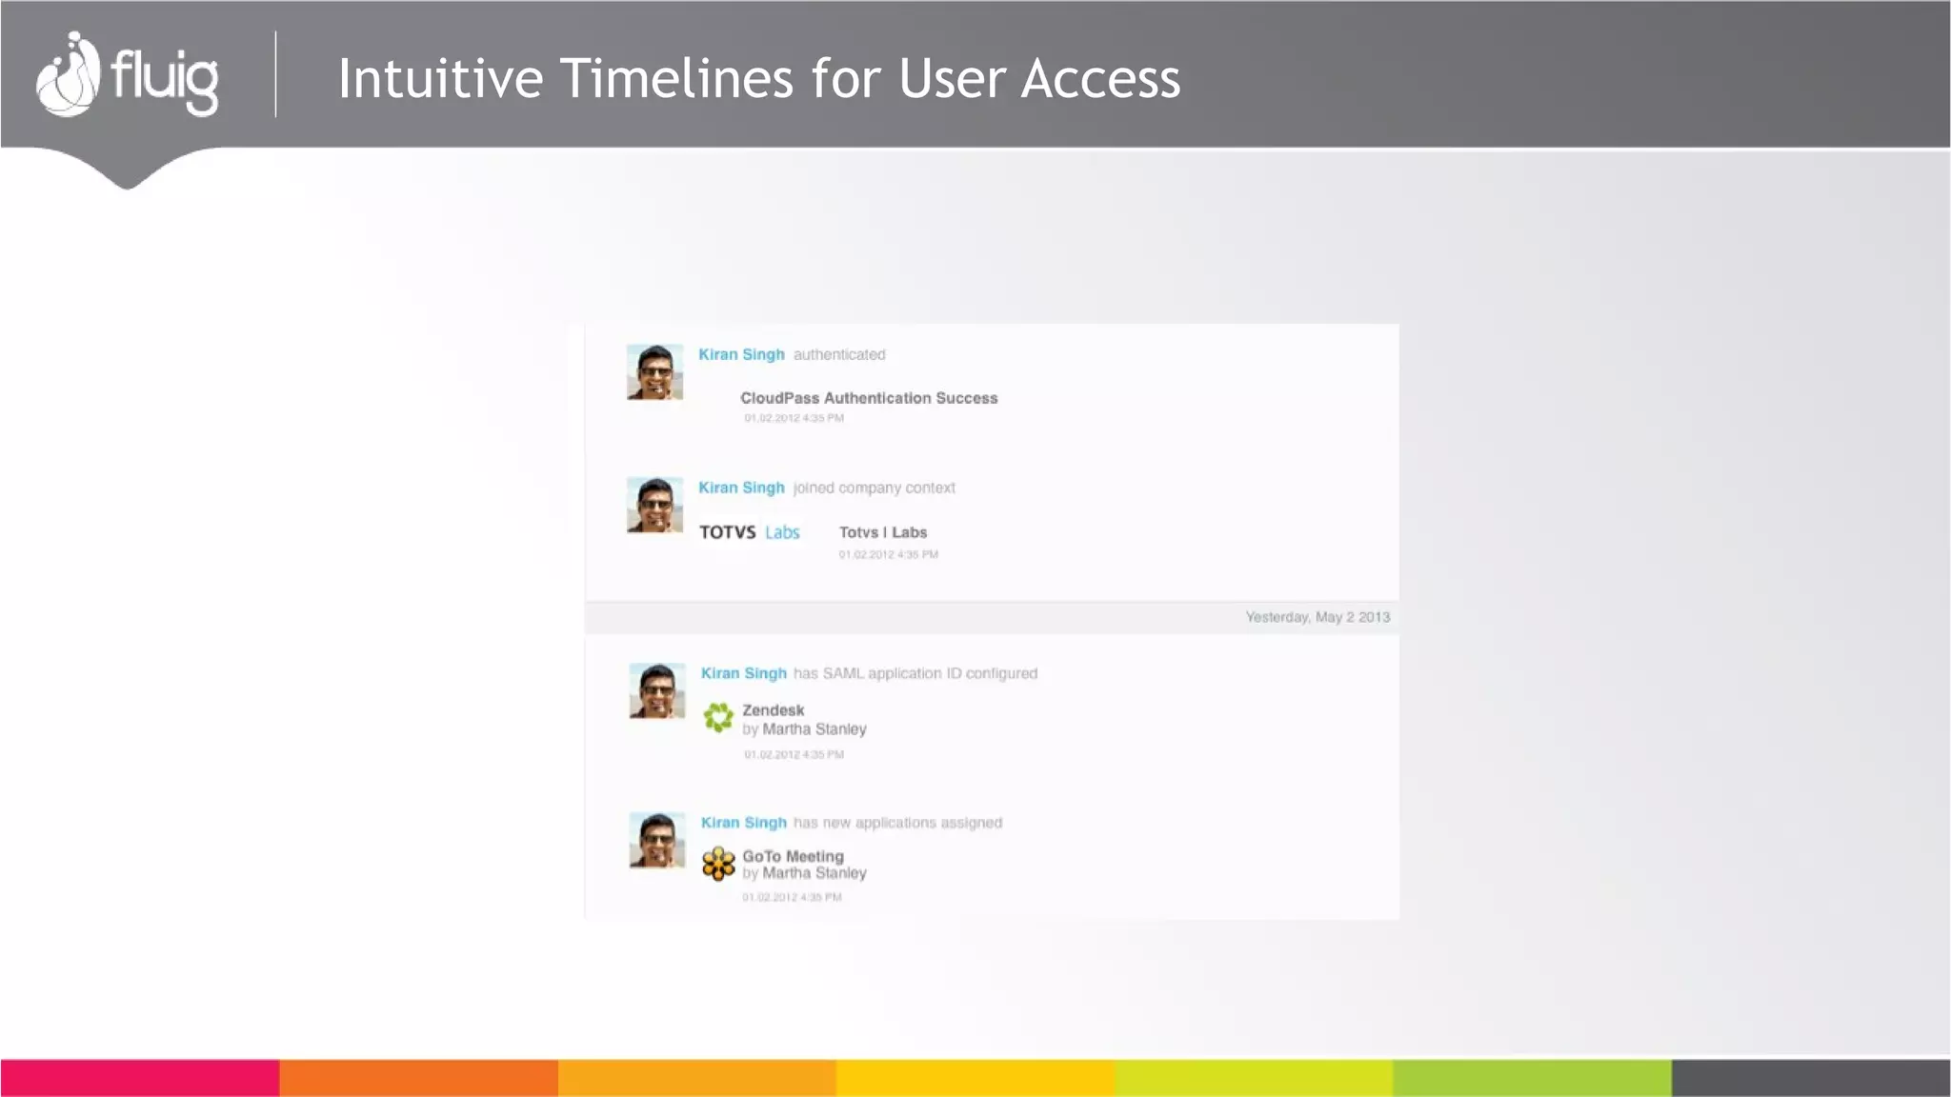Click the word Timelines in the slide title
[x=676, y=78]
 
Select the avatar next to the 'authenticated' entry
[x=654, y=371]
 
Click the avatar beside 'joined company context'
[x=654, y=505]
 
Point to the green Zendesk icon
[x=718, y=717]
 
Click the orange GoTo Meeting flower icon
[x=718, y=864]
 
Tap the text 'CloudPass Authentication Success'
[x=869, y=398]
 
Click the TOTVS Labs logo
[x=750, y=532]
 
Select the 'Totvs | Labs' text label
[x=883, y=532]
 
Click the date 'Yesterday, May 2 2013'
[x=1317, y=617]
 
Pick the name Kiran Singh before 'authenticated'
[x=741, y=354]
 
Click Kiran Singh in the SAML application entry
[x=744, y=673]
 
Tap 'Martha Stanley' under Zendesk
[x=815, y=729]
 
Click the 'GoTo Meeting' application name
[x=793, y=856]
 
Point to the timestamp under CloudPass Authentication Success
[x=794, y=418]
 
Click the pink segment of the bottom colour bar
[x=139, y=1078]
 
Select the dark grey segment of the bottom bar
[x=1810, y=1078]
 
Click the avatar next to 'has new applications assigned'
[x=657, y=839]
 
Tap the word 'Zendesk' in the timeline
[x=773, y=710]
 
